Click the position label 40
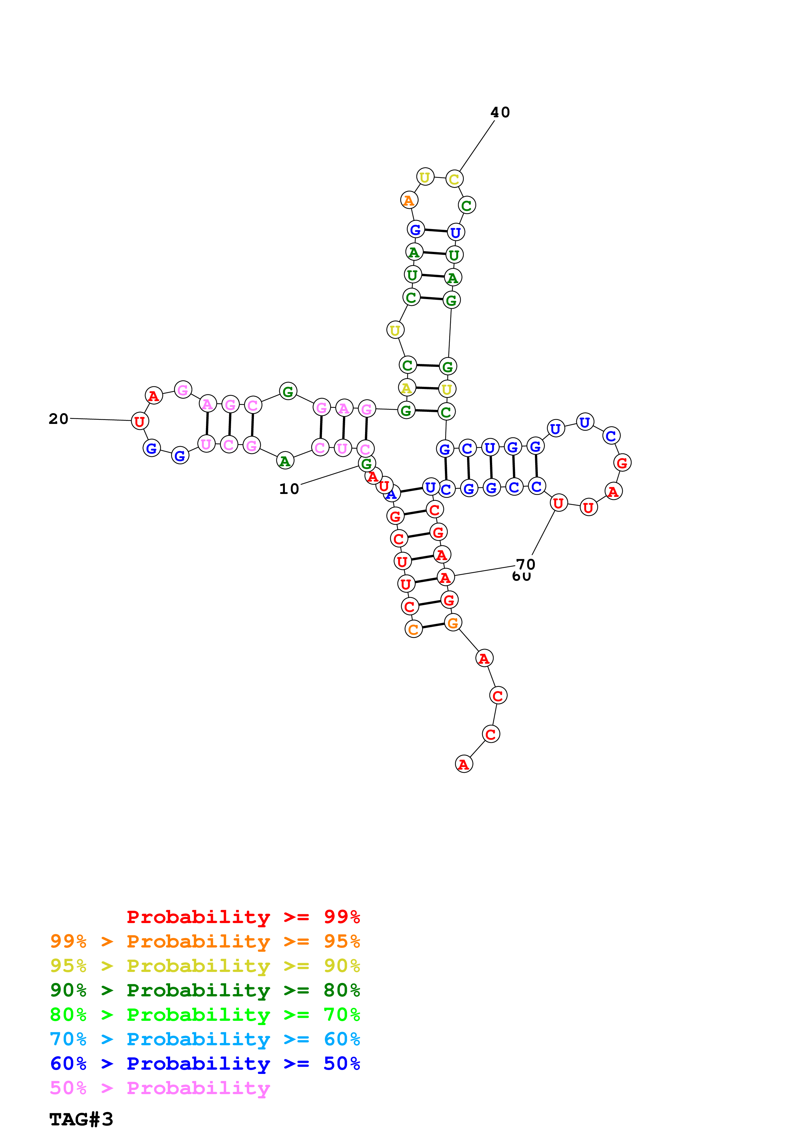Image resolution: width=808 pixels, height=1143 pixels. pyautogui.click(x=500, y=112)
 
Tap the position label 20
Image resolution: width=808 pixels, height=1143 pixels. pyautogui.click(x=58, y=419)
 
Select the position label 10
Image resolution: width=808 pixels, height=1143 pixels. pyautogui.click(x=289, y=489)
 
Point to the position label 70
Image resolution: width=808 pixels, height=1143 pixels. pyautogui.click(x=525, y=564)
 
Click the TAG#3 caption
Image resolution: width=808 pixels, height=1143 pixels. pyautogui.click(x=81, y=1119)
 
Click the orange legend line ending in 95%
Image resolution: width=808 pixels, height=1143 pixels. pyautogui.click(x=205, y=941)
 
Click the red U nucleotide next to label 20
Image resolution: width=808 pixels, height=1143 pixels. pyautogui.click(x=140, y=421)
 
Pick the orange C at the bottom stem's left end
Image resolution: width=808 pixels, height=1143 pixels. pyautogui.click(x=413, y=629)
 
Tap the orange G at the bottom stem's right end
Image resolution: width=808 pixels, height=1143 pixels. pyautogui.click(x=452, y=622)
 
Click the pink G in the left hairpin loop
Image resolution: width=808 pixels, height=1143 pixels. pyautogui.click(x=183, y=390)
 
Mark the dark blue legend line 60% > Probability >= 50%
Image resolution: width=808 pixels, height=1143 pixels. pyautogui.click(x=205, y=1063)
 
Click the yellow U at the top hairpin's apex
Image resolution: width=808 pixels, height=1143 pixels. pyautogui.click(x=425, y=177)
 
